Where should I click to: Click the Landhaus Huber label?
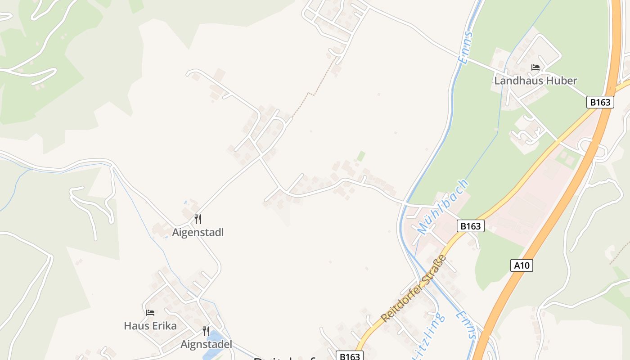(535, 81)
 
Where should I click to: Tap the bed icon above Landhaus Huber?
(535, 67)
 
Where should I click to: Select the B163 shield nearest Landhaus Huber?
(600, 102)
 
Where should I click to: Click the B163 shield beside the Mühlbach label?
(471, 226)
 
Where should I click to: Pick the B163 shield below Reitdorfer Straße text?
(350, 356)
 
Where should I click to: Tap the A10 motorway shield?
(522, 265)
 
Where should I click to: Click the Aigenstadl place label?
(198, 233)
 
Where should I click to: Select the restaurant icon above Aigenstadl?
(198, 219)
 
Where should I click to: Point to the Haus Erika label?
(150, 326)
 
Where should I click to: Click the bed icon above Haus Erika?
(150, 313)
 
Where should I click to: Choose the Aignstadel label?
(206, 345)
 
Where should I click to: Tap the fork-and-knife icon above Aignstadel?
(206, 331)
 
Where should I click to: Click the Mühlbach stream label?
(443, 207)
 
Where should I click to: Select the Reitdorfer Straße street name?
(414, 288)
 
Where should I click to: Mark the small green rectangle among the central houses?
(361, 156)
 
